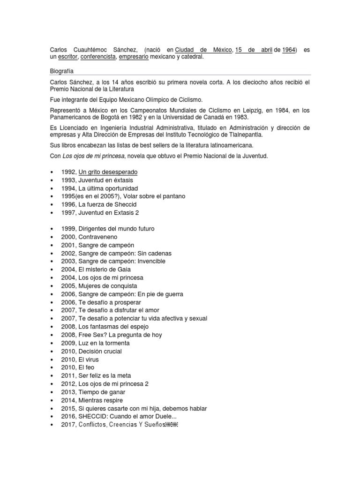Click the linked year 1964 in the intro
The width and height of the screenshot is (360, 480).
tap(289, 50)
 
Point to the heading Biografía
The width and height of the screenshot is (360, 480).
tap(63, 71)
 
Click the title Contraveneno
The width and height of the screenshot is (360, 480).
tap(98, 237)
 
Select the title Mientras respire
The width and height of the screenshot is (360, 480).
tap(101, 400)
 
